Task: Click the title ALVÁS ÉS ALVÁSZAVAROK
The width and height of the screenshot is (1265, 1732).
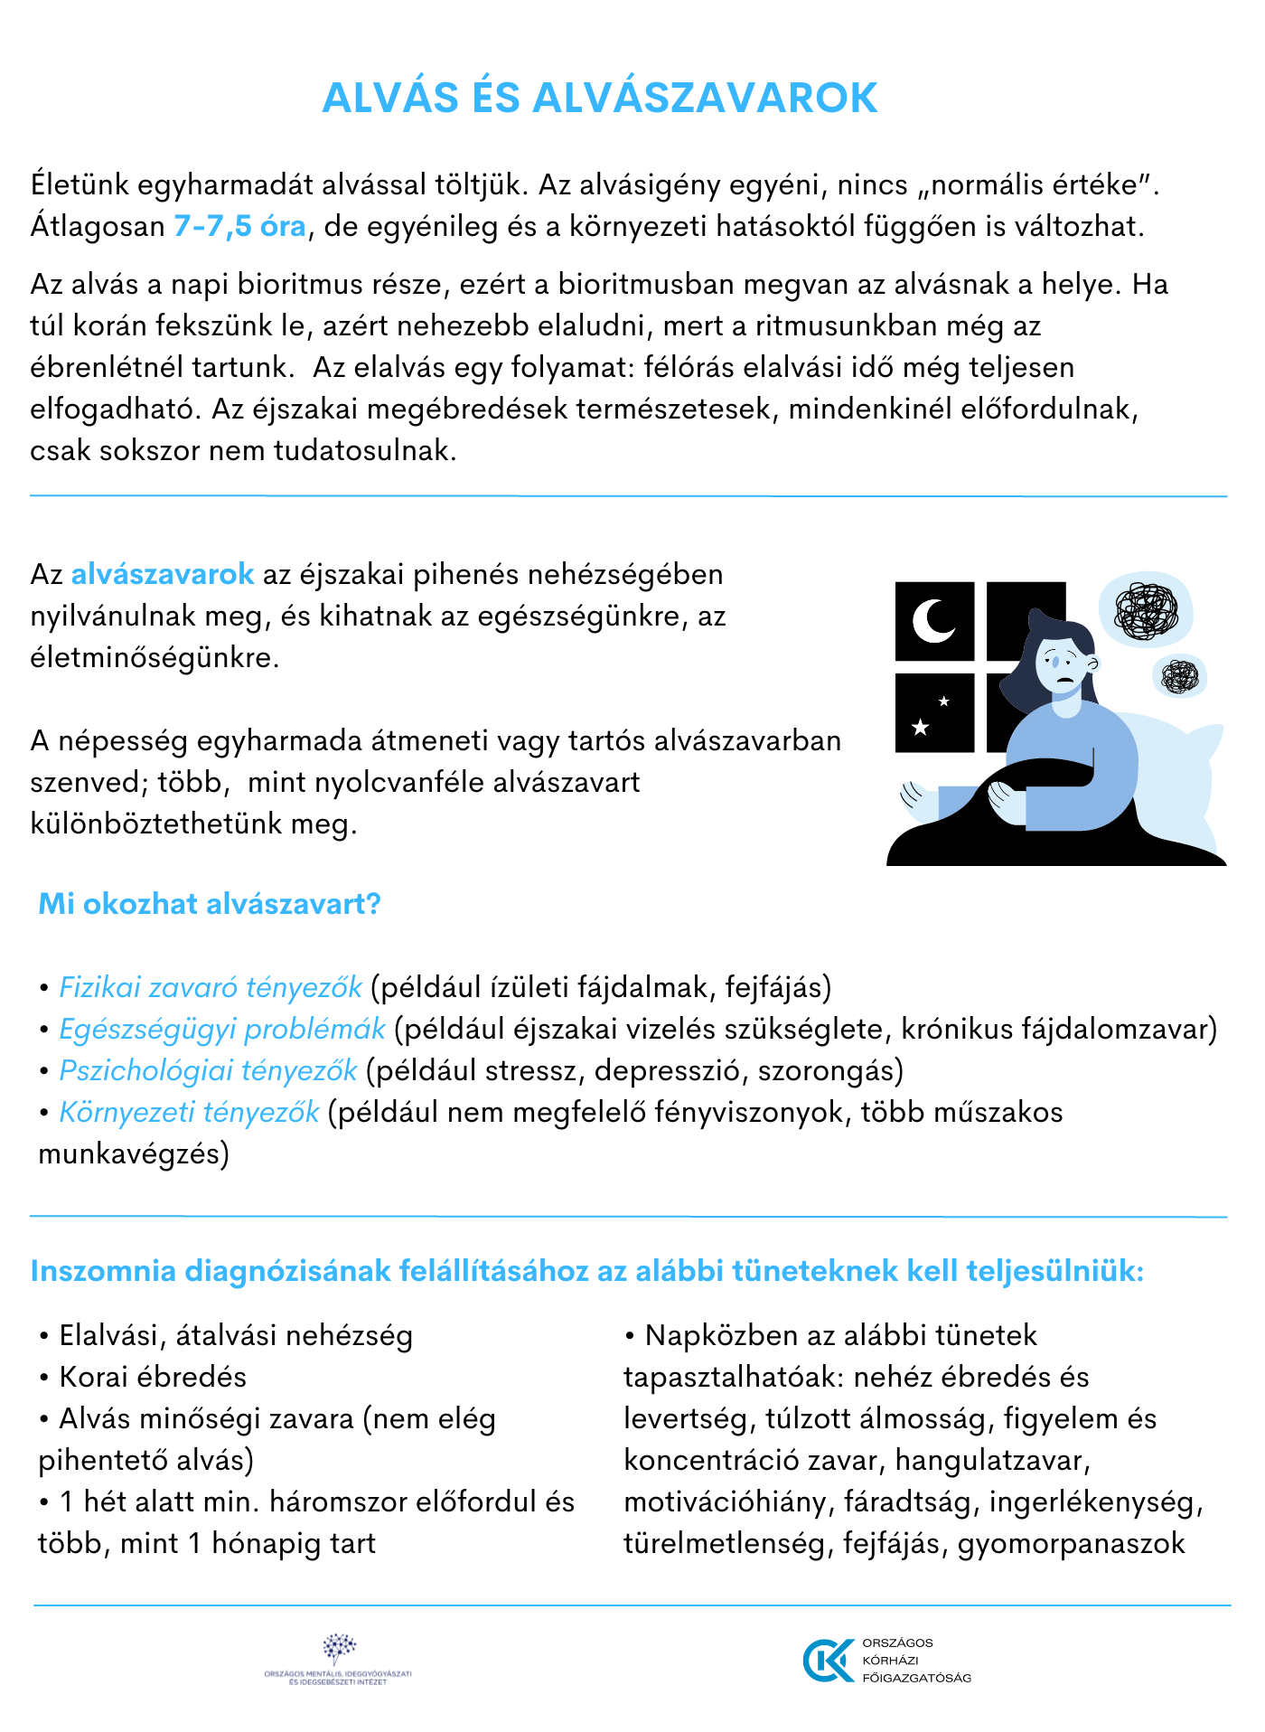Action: click(x=600, y=98)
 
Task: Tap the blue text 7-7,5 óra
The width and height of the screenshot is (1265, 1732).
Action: click(x=240, y=226)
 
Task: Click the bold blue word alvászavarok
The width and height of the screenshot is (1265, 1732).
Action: click(x=163, y=575)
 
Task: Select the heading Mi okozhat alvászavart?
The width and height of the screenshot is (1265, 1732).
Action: click(x=210, y=904)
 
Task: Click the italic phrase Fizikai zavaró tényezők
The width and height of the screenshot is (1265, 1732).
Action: click(x=211, y=987)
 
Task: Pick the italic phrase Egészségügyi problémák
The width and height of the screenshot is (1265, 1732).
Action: click(x=222, y=1029)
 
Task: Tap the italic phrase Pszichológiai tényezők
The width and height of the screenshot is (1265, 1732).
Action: click(x=209, y=1070)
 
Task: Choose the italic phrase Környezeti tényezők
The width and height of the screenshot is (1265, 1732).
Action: click(x=189, y=1112)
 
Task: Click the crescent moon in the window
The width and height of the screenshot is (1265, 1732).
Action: click(x=933, y=621)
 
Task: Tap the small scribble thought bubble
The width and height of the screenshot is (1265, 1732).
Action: click(x=1180, y=676)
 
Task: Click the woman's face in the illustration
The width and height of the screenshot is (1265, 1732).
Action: click(x=1064, y=664)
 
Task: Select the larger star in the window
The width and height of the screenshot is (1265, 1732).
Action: click(x=920, y=727)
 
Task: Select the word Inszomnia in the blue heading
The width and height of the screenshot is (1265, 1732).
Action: click(x=103, y=1271)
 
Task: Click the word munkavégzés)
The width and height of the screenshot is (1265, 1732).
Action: click(x=134, y=1153)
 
